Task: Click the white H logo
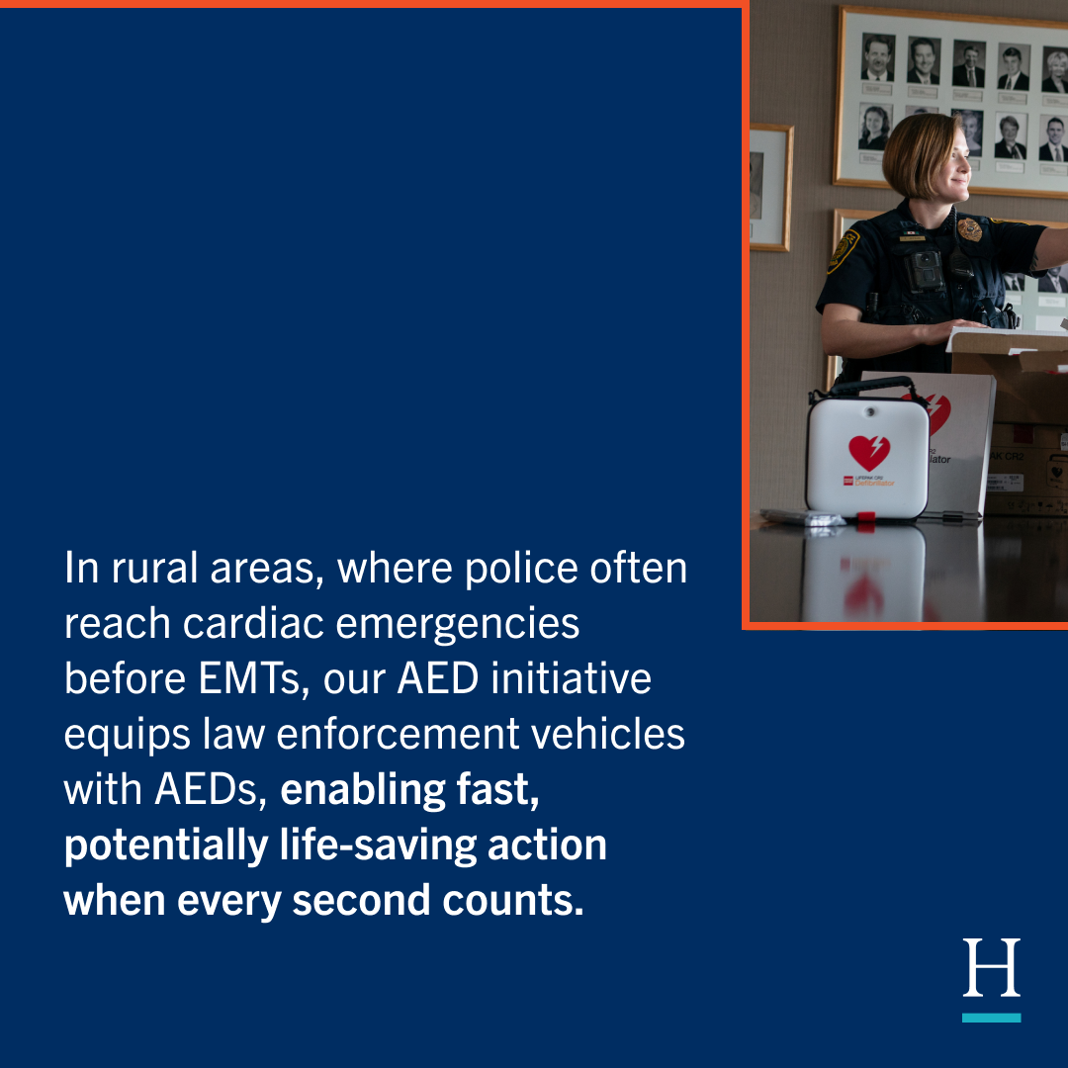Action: coord(991,968)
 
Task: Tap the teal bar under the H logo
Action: coord(991,1017)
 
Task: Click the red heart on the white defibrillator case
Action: coord(869,452)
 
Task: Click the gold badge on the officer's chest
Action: coord(969,229)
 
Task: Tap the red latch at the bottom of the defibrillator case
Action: coord(865,517)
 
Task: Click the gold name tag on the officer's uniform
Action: coord(911,237)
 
